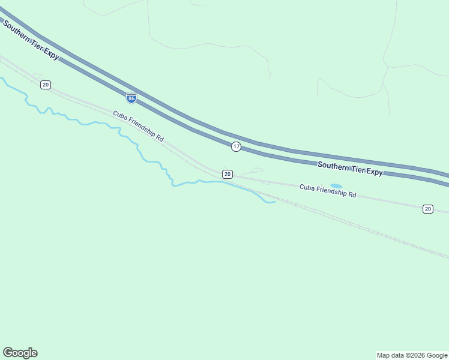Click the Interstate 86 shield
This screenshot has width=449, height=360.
click(x=131, y=97)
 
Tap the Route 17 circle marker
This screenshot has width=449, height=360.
click(x=237, y=146)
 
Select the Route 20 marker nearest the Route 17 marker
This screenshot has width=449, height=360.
click(x=227, y=174)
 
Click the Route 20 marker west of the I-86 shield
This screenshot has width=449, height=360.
click(x=46, y=85)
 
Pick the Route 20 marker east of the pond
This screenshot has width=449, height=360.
click(x=427, y=209)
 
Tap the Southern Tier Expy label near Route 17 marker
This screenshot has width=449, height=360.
click(x=350, y=168)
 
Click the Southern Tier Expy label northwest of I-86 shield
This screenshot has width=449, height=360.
click(x=31, y=40)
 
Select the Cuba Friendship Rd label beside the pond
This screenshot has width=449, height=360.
click(x=328, y=191)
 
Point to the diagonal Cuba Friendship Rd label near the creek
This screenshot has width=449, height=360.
click(x=138, y=125)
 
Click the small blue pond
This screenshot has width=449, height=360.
click(x=336, y=186)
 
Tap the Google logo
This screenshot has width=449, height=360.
click(x=20, y=353)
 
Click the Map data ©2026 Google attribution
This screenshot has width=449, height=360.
click(x=412, y=355)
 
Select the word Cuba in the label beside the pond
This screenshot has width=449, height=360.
click(x=307, y=188)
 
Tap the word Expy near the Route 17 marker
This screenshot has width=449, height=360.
click(x=374, y=172)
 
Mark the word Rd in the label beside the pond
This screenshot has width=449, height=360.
click(x=353, y=195)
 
